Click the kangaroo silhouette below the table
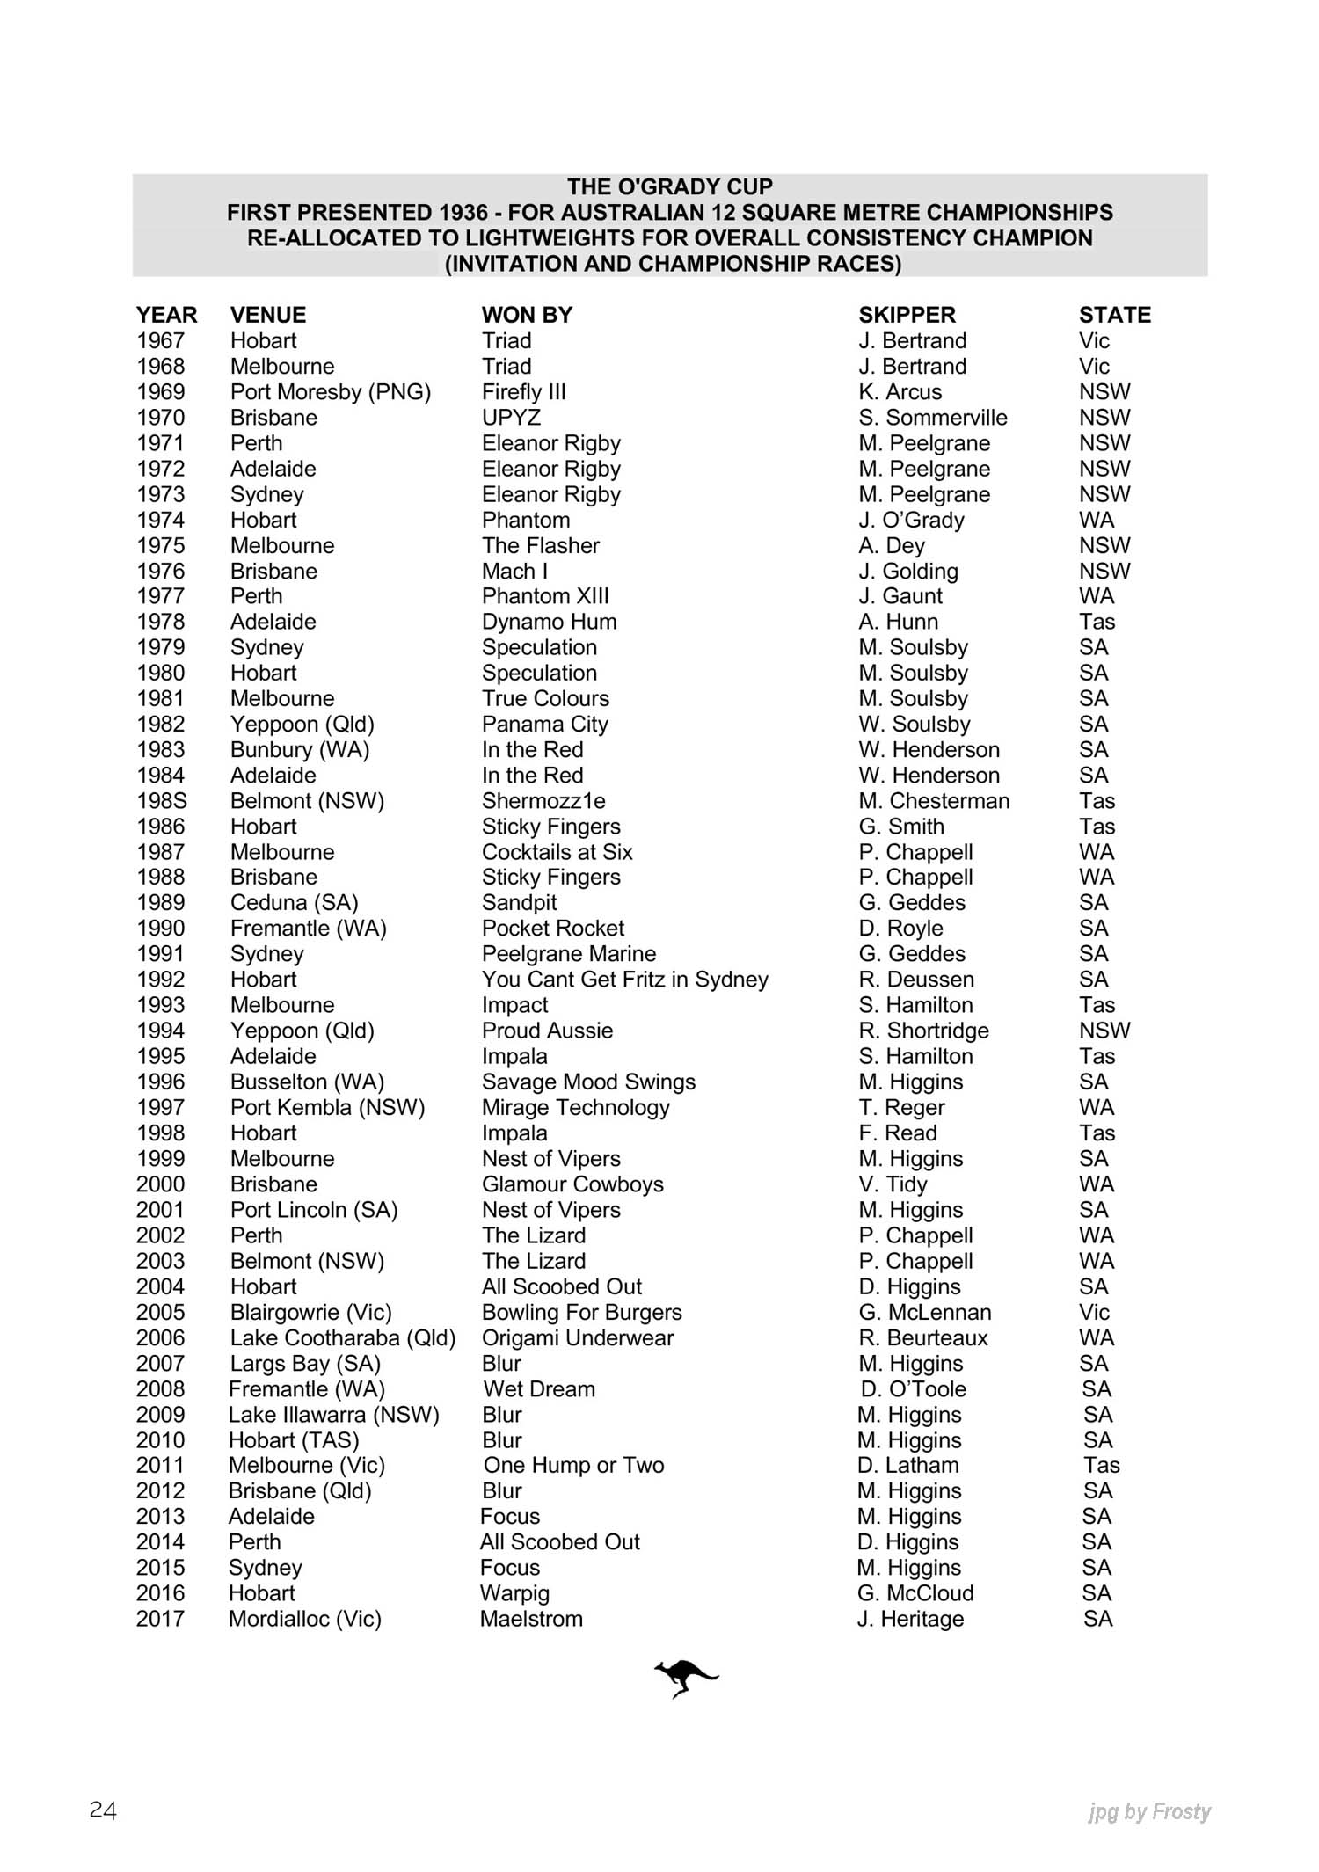[x=685, y=1678]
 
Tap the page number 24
[x=103, y=1810]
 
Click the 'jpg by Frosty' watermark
[x=1148, y=1811]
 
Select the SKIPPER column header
[x=907, y=315]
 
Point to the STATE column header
[x=1114, y=315]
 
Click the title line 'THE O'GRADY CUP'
[x=669, y=186]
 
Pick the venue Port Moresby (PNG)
[x=331, y=392]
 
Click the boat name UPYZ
[x=511, y=418]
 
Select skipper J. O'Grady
[x=911, y=521]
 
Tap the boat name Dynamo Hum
[x=549, y=622]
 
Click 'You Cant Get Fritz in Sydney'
[x=624, y=980]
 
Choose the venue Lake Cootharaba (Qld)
[x=343, y=1337]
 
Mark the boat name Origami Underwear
[x=577, y=1337]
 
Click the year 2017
[x=160, y=1619]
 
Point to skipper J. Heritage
[x=910, y=1619]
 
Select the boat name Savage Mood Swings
[x=588, y=1082]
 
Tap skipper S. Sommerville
[x=933, y=418]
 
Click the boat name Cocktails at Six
[x=557, y=852]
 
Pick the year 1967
[x=160, y=341]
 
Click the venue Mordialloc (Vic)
[x=304, y=1619]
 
